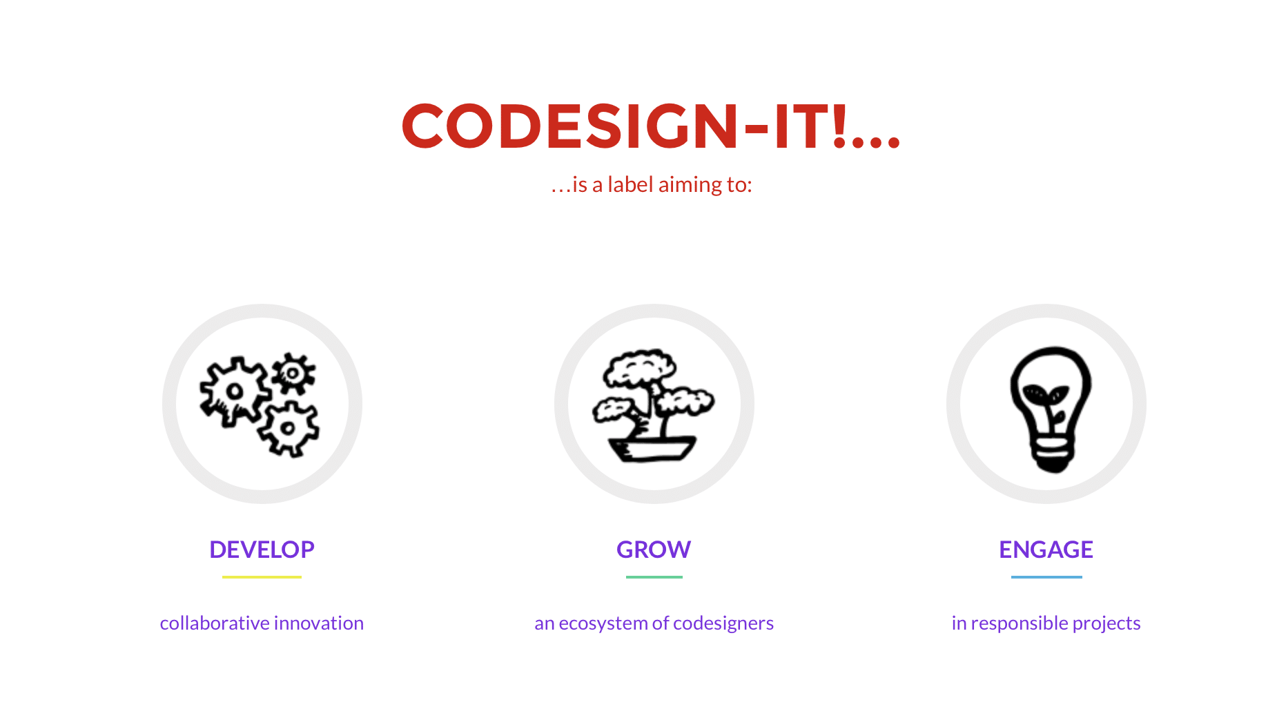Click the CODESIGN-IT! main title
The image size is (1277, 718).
[x=651, y=126]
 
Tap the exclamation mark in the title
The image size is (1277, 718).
[x=839, y=126]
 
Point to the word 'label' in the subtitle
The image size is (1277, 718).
[x=630, y=184]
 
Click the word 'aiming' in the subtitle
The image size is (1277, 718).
[x=688, y=185]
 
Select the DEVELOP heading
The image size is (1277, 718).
[x=262, y=550]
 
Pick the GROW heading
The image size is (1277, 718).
[x=654, y=550]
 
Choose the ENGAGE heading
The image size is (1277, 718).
[x=1046, y=550]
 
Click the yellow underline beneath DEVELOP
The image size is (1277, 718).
[x=262, y=577]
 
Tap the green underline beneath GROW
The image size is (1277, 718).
[x=654, y=577]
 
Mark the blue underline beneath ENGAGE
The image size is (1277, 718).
[x=1046, y=577]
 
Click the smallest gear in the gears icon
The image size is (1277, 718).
[x=293, y=373]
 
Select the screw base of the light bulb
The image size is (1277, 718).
[x=1052, y=453]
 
